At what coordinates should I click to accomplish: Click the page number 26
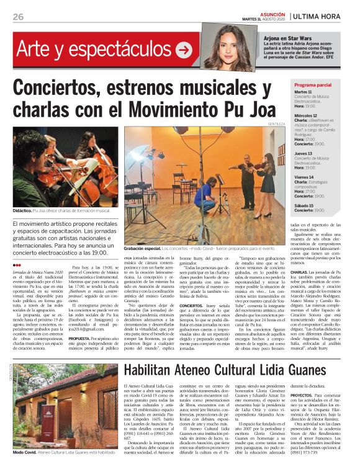(x=18, y=17)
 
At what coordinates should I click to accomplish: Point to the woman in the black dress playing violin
(x=267, y=179)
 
